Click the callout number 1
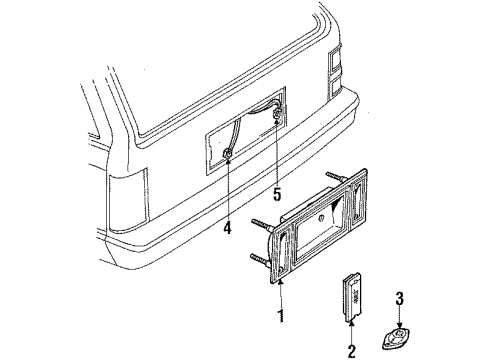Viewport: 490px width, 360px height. (x=282, y=315)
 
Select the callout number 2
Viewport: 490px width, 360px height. (x=352, y=351)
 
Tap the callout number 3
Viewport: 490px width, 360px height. (x=399, y=299)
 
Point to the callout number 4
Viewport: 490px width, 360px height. (x=227, y=228)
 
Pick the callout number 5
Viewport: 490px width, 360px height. (x=277, y=194)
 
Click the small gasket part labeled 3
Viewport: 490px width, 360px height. (x=396, y=338)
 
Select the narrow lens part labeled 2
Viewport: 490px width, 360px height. (x=351, y=297)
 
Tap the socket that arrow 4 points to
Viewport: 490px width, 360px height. (x=228, y=153)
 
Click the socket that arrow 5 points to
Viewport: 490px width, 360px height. (x=277, y=114)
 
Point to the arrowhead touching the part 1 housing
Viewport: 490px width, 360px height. (x=280, y=283)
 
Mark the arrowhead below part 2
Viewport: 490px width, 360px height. (x=351, y=323)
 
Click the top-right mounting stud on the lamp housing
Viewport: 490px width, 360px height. (x=336, y=177)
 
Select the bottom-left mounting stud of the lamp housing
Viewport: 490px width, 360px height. (x=261, y=260)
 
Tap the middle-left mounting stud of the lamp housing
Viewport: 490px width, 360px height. (x=263, y=224)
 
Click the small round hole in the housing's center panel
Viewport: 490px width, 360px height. (x=321, y=218)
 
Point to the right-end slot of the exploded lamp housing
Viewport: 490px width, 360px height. (x=358, y=200)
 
